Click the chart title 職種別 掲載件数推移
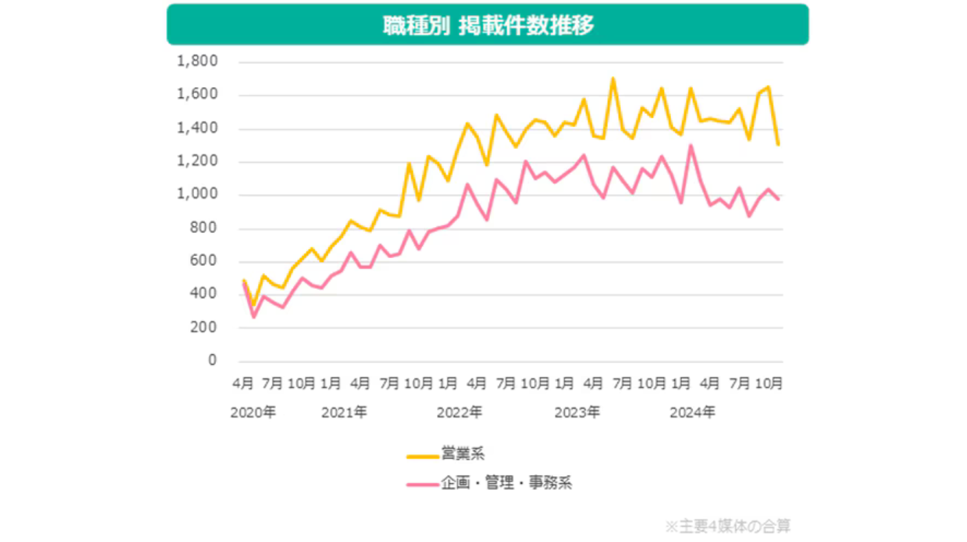[x=488, y=25]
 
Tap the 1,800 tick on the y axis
[x=197, y=61]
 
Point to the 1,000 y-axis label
[x=197, y=194]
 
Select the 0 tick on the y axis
[x=212, y=360]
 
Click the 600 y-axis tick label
[x=203, y=261]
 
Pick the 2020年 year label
[x=253, y=412]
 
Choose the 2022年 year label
[x=459, y=412]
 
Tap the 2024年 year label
[x=692, y=412]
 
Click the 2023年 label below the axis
[x=577, y=412]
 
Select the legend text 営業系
[x=463, y=454]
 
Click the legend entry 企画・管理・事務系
[x=506, y=483]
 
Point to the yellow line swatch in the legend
[x=422, y=456]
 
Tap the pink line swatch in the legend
[x=422, y=484]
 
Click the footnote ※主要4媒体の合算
[x=727, y=526]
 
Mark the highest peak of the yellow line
[x=613, y=79]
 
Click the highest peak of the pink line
[x=690, y=146]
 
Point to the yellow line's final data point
[x=778, y=145]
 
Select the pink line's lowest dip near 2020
[x=253, y=317]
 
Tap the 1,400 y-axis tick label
[x=197, y=128]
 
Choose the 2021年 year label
[x=344, y=412]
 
